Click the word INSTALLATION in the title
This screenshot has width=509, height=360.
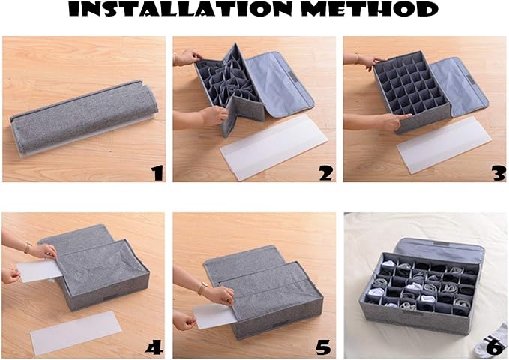click(x=180, y=9)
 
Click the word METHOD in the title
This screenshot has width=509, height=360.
click(x=369, y=9)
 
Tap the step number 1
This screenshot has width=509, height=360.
click(x=158, y=172)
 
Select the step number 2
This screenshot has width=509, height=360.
click(x=325, y=173)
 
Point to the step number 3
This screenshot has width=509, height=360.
click(x=499, y=173)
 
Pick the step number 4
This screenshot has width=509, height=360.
click(x=154, y=347)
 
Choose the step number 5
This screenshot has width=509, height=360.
click(x=323, y=347)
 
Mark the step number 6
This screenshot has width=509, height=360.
click(x=496, y=347)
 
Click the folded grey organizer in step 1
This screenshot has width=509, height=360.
click(x=84, y=118)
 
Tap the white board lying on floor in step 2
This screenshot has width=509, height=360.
click(x=274, y=148)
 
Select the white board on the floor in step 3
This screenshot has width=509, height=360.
click(x=444, y=145)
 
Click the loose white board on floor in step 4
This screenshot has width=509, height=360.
click(x=76, y=331)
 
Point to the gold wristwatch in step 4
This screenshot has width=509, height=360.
click(x=28, y=247)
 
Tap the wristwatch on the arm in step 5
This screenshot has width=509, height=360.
click(x=202, y=287)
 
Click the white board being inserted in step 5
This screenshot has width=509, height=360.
click(x=211, y=316)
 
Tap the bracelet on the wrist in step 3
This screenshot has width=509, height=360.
click(x=357, y=58)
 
